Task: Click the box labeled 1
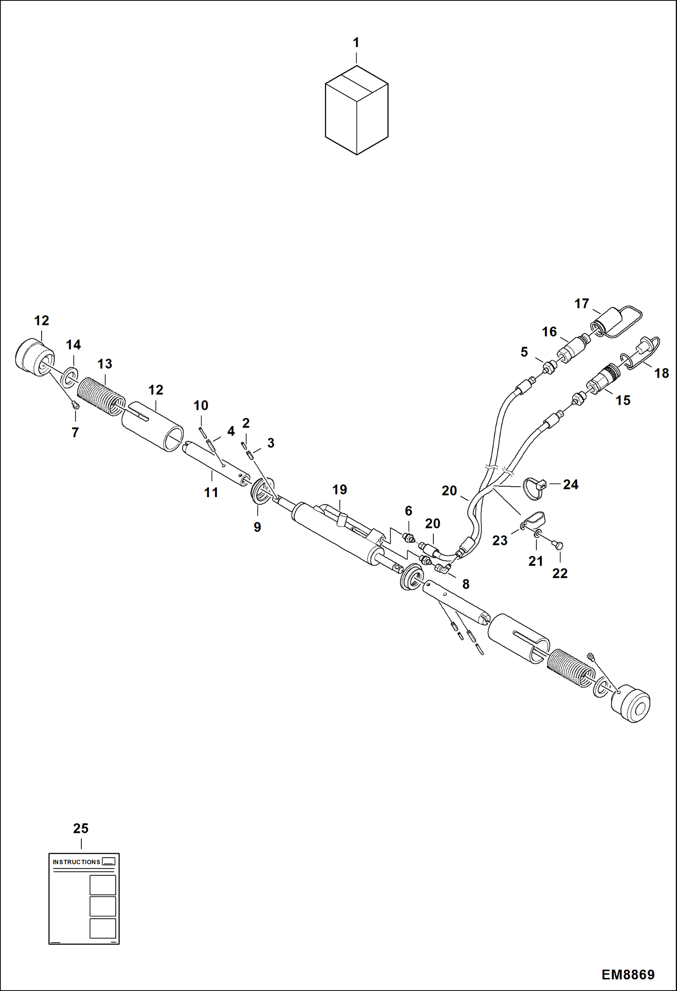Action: (357, 111)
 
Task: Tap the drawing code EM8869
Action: (627, 974)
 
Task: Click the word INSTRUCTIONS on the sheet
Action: (76, 862)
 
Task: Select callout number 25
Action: (81, 828)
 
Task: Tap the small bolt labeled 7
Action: (76, 406)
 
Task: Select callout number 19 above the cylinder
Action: (339, 489)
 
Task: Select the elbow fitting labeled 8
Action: (443, 568)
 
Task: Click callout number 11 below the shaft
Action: (211, 492)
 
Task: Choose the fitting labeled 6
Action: (409, 538)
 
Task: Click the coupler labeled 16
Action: (572, 349)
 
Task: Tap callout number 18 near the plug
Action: (661, 373)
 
